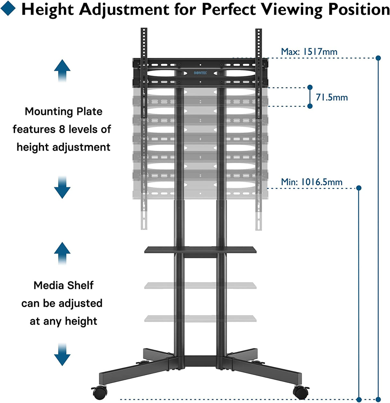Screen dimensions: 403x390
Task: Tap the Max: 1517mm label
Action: click(x=309, y=52)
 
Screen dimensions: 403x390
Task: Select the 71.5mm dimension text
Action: click(x=332, y=97)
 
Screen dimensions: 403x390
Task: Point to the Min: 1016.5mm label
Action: click(x=312, y=182)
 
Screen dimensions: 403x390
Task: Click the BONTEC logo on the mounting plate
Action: click(x=200, y=73)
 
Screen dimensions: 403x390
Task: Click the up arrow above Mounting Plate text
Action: click(x=62, y=70)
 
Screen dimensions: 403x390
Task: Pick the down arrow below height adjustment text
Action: click(x=62, y=188)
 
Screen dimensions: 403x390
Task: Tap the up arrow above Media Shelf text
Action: click(x=62, y=253)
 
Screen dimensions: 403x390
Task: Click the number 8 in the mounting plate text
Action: click(x=62, y=129)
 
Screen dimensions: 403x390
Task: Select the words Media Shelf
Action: click(x=63, y=285)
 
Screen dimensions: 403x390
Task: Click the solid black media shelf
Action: click(x=200, y=250)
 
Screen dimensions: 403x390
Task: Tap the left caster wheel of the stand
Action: click(x=100, y=392)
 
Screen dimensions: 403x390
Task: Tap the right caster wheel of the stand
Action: click(x=301, y=392)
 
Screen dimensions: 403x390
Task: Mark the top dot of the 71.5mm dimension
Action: click(x=310, y=87)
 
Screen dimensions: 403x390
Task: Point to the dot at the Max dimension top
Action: click(x=378, y=58)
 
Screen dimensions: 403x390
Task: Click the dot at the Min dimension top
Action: click(x=359, y=188)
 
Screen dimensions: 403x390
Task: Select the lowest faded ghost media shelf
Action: click(x=200, y=318)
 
